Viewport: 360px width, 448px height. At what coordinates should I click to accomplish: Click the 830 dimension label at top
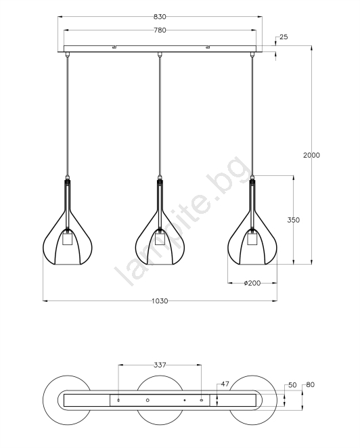pyautogui.click(x=160, y=17)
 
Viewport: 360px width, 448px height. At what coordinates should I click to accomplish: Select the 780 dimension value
pyautogui.click(x=160, y=30)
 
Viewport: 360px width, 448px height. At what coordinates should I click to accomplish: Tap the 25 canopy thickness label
pyautogui.click(x=284, y=37)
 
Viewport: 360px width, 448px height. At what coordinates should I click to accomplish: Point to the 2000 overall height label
pyautogui.click(x=311, y=155)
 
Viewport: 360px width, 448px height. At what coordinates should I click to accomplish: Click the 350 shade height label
pyautogui.click(x=294, y=220)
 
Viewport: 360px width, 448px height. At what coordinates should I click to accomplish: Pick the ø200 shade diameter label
pyautogui.click(x=252, y=283)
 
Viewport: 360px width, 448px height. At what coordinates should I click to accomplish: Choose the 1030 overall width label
pyautogui.click(x=160, y=301)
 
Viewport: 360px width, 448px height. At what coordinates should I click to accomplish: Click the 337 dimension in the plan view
pyautogui.click(x=160, y=365)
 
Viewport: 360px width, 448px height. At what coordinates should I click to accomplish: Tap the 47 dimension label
pyautogui.click(x=225, y=384)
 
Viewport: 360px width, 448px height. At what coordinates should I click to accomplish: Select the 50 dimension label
pyautogui.click(x=292, y=385)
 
